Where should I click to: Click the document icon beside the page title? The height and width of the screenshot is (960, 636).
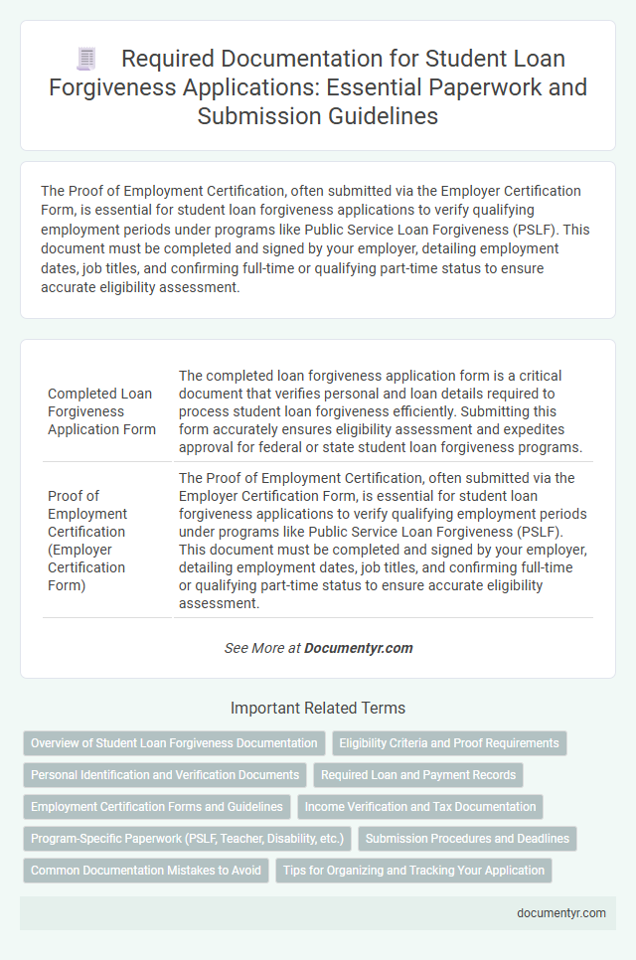86,61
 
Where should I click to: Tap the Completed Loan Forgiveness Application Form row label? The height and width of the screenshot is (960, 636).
100,410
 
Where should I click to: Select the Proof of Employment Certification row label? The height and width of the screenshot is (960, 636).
87,541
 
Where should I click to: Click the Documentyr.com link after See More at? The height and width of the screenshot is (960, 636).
358,648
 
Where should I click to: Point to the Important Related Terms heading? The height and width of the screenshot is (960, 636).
318,709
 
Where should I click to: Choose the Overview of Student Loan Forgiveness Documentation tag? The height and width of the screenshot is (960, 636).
174,742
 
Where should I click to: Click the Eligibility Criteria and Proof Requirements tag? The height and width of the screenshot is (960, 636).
448,742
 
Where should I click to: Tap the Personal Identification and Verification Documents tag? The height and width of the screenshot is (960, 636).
165,774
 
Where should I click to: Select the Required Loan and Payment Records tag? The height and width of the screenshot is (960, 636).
418,774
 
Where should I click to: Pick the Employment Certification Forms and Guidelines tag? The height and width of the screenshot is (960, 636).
157,807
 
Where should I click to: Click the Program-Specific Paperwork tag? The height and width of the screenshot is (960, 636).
187,839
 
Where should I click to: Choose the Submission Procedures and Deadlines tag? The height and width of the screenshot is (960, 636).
467,839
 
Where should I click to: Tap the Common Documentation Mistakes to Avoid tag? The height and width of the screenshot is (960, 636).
146,871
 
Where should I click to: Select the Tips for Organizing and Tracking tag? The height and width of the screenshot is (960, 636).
413,871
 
